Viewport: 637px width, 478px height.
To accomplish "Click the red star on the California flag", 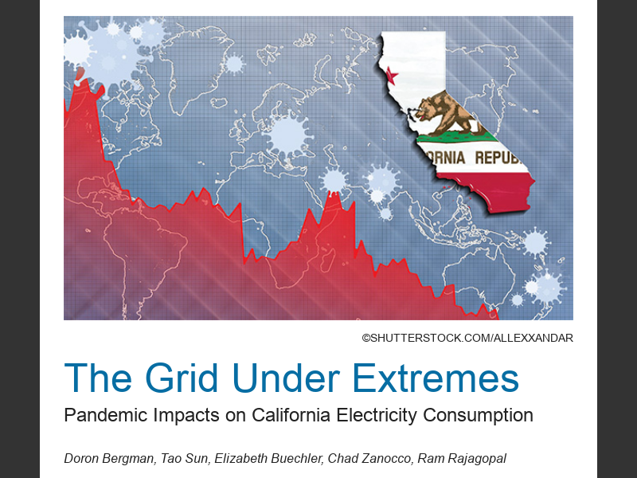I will click(391, 76).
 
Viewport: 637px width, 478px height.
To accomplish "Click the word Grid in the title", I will click(182, 378).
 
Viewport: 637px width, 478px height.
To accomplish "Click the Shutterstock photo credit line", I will click(467, 339).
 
